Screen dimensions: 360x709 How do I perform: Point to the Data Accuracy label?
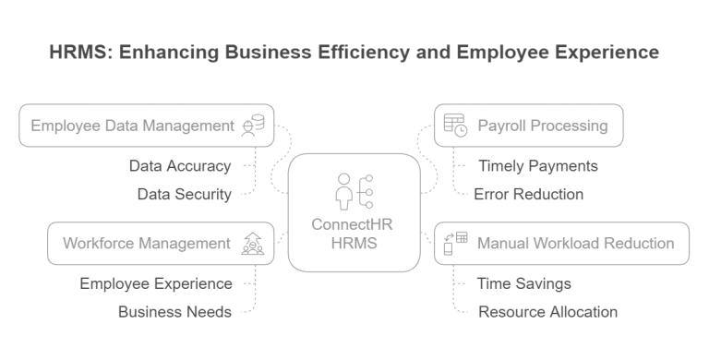pyautogui.click(x=179, y=167)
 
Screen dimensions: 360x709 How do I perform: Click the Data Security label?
pyautogui.click(x=184, y=194)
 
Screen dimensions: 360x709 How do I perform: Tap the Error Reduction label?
pyautogui.click(x=527, y=194)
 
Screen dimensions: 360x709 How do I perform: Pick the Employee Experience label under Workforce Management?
pyautogui.click(x=155, y=283)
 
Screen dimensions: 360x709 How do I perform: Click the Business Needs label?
pyautogui.click(x=175, y=311)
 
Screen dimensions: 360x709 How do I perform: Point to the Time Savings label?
pyautogui.click(x=523, y=283)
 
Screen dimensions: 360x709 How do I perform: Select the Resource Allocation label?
pyautogui.click(x=547, y=311)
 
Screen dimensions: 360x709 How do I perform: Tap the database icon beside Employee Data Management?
pyautogui.click(x=252, y=126)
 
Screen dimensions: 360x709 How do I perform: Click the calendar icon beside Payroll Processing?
pyautogui.click(x=454, y=126)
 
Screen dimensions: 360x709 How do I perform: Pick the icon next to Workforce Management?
pyautogui.click(x=252, y=244)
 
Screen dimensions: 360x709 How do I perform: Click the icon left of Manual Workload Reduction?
pyautogui.click(x=455, y=244)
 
